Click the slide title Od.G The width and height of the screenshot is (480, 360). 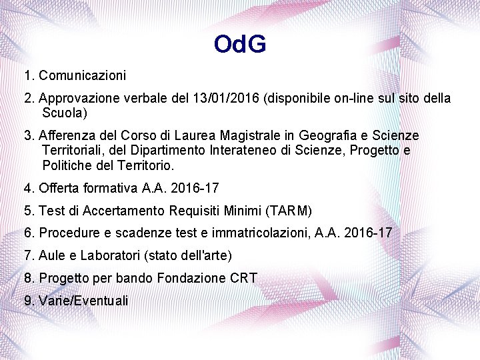click(240, 45)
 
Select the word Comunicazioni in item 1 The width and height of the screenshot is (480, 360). click(82, 75)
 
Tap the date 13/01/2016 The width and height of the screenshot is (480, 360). click(228, 99)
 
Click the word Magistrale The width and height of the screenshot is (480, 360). click(247, 136)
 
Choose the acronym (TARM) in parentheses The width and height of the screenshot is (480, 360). click(288, 211)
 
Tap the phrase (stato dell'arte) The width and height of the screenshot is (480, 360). click(199, 255)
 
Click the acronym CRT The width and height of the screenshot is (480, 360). click(243, 278)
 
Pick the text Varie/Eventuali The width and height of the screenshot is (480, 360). click(83, 301)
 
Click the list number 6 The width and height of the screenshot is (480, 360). click(28, 233)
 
